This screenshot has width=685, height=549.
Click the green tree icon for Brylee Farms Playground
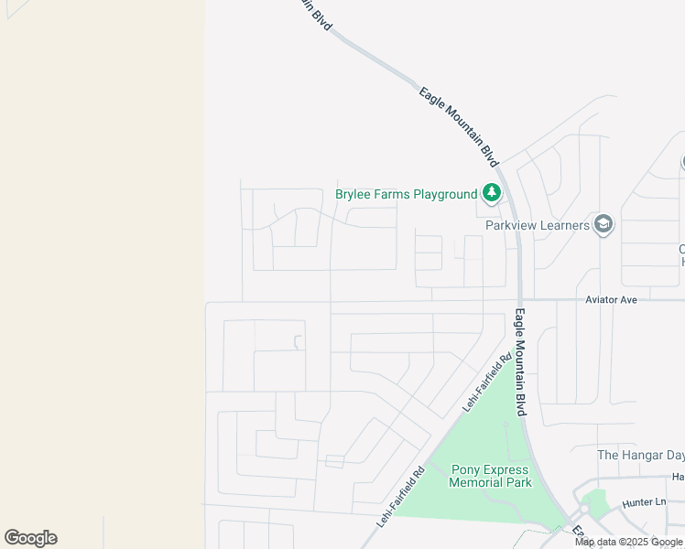tap(492, 193)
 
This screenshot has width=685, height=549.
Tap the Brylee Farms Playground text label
tap(407, 194)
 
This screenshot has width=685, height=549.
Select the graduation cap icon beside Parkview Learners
tap(603, 224)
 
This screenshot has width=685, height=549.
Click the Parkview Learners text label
tap(537, 225)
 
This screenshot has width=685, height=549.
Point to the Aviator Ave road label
tap(611, 299)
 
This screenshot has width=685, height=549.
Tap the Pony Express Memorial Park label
tap(491, 476)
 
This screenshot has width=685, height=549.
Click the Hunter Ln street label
tap(643, 502)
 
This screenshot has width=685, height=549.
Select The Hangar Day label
tap(640, 455)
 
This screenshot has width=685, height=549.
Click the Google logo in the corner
tap(30, 538)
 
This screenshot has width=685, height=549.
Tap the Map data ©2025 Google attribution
tap(628, 543)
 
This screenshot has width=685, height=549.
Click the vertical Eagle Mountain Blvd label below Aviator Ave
tap(519, 363)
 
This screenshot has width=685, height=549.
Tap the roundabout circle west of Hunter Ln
tap(582, 511)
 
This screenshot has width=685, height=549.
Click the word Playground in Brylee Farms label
tap(445, 194)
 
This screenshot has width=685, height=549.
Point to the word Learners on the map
tap(562, 225)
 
